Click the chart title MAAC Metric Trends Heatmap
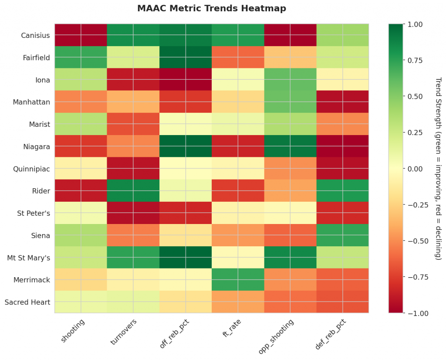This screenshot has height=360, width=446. point(211,8)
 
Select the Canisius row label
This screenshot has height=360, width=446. point(35,35)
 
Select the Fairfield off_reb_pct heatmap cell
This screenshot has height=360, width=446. point(186,58)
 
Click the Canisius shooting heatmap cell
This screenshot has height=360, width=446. point(81,35)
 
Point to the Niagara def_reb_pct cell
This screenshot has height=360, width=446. point(342,146)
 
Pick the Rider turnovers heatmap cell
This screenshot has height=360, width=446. point(133,191)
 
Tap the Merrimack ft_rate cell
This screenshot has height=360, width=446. point(238,280)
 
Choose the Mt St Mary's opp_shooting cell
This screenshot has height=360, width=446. point(290,258)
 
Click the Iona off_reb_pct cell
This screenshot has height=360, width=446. point(186,80)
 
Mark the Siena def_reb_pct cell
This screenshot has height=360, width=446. point(342,235)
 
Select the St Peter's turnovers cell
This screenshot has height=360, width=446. point(133,213)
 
